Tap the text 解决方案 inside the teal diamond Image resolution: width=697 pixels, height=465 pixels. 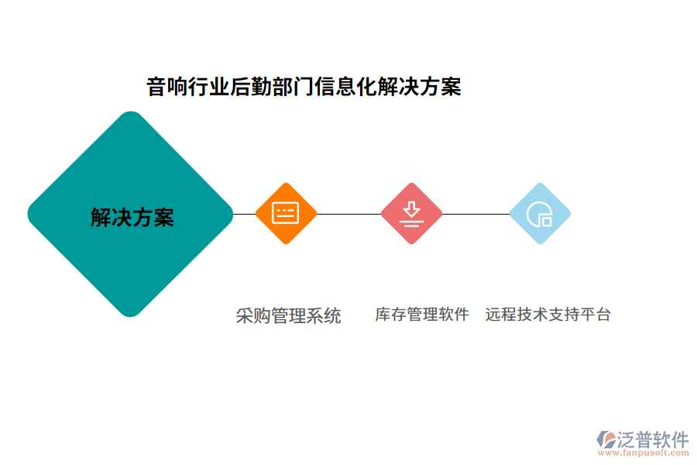coord(132,218)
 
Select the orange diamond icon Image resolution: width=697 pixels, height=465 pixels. coord(286,213)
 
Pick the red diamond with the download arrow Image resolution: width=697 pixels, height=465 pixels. coord(411,213)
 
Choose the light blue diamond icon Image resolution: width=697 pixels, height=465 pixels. coord(540,213)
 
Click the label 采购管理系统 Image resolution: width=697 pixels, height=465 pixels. coord(288,315)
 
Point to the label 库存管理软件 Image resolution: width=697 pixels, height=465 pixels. coord(422,315)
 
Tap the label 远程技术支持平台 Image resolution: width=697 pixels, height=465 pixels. coord(548,315)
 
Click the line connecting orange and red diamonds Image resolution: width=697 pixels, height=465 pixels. coord(348,214)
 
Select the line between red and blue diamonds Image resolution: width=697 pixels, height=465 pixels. coord(476,214)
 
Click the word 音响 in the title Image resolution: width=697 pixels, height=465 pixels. coord(166,87)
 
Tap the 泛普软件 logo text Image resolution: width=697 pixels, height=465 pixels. coord(653,439)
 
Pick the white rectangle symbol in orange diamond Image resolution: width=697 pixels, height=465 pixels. coord(286,213)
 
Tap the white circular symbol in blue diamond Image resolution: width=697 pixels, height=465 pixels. coord(538,215)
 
